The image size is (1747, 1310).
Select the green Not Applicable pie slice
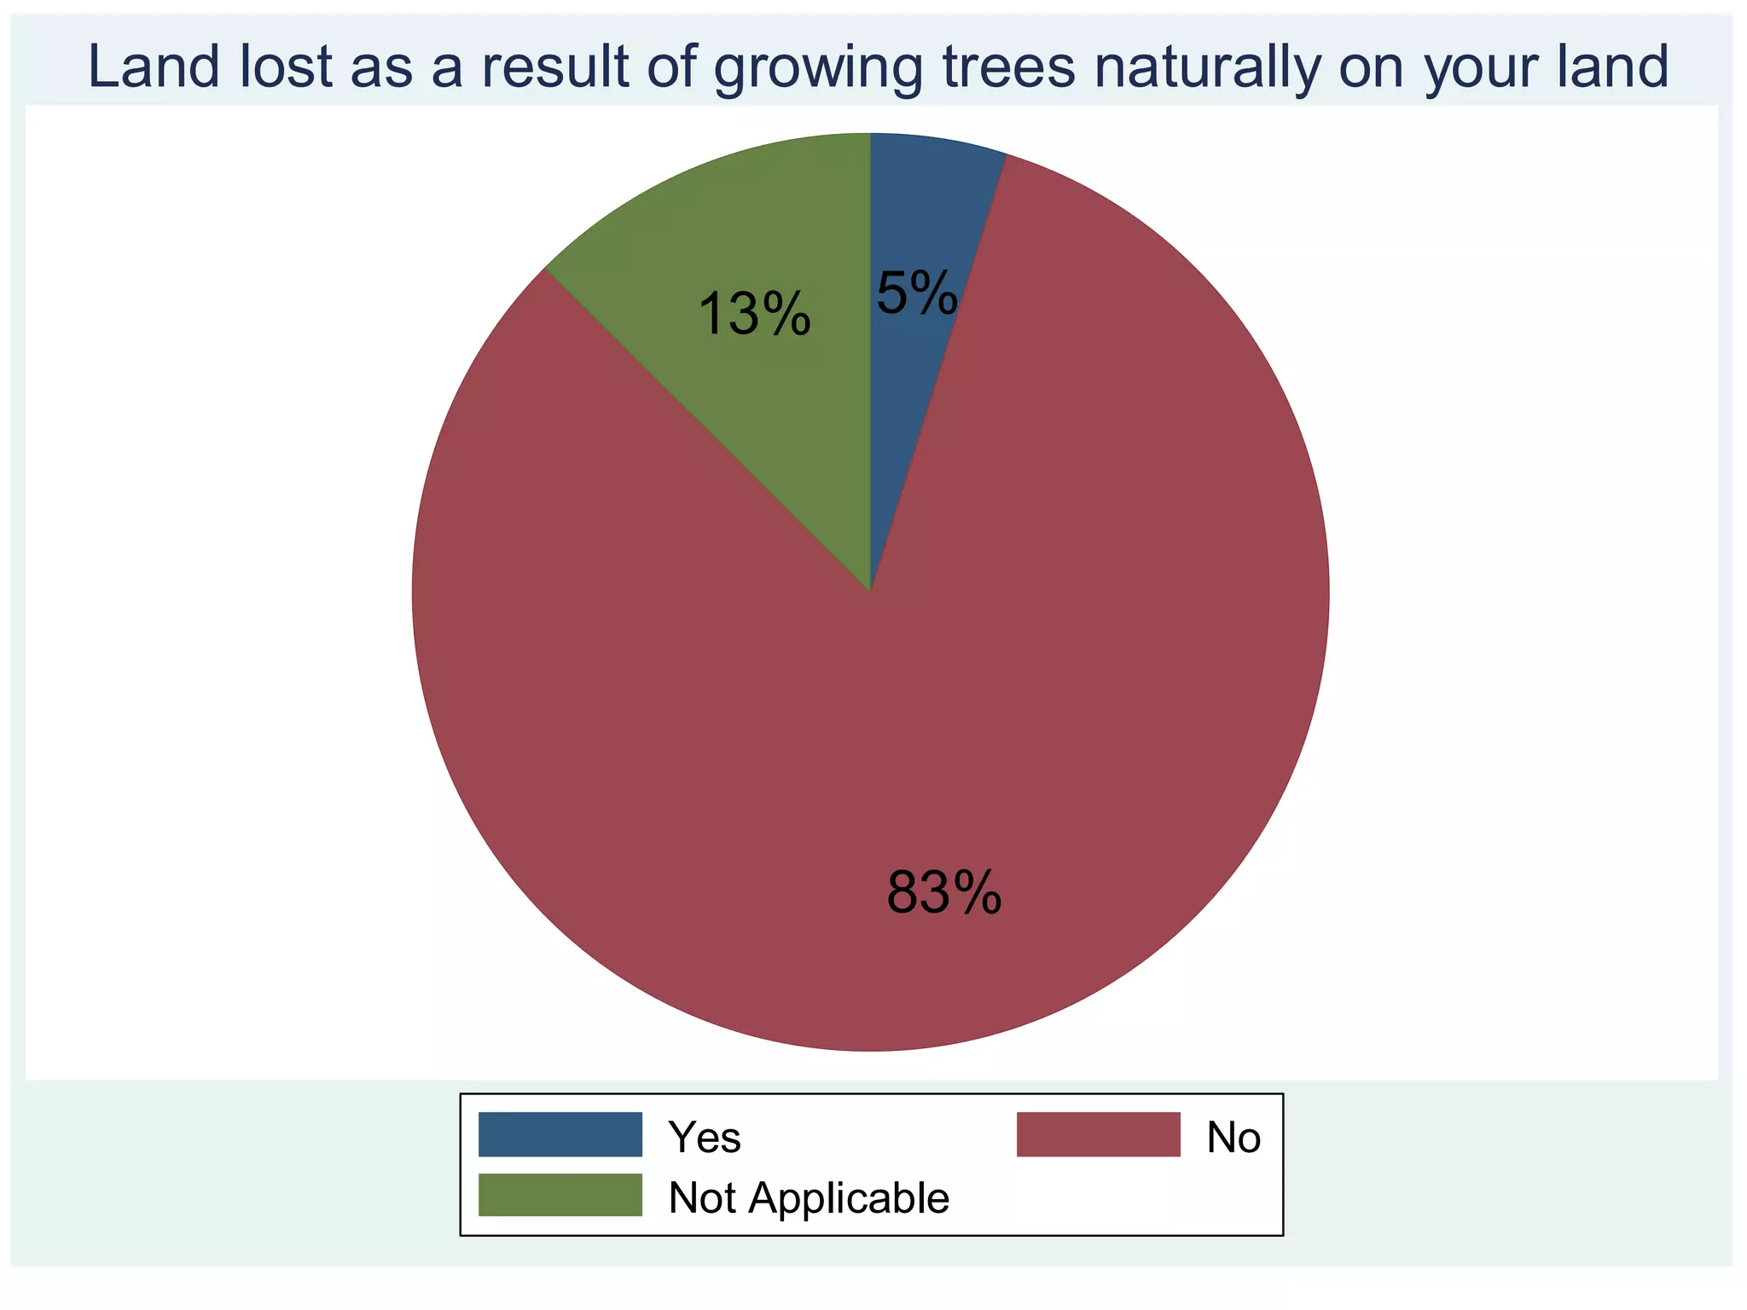(768, 256)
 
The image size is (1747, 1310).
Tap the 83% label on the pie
(943, 894)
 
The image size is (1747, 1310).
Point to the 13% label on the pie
(754, 314)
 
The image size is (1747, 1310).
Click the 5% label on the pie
(917, 294)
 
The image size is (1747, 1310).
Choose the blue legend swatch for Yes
(560, 1134)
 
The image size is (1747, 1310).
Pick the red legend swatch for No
(1098, 1134)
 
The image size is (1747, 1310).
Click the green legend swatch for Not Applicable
(560, 1195)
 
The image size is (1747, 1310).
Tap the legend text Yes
(705, 1137)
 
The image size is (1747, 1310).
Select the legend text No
(1233, 1137)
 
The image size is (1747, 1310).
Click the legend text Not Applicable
(809, 1198)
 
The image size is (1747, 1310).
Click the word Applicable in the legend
(849, 1198)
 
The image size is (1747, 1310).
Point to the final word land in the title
(1612, 67)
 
